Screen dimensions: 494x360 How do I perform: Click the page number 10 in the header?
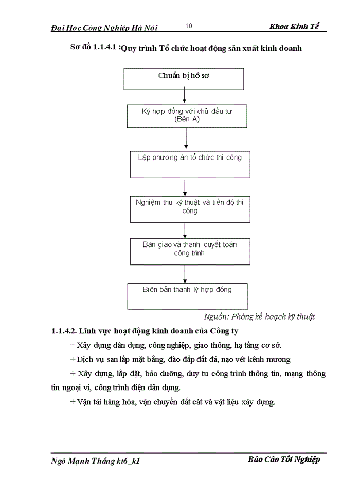pyautogui.click(x=188, y=26)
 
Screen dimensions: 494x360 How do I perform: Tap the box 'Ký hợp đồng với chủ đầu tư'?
pyautogui.click(x=187, y=115)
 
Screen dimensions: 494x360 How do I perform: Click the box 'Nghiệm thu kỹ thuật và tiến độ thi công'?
pyautogui.click(x=189, y=207)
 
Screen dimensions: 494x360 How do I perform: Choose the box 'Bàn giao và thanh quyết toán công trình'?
pyautogui.click(x=189, y=250)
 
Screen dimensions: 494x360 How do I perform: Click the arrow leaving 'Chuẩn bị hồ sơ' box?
pyautogui.click(x=184, y=97)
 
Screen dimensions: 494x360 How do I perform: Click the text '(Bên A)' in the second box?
pyautogui.click(x=187, y=119)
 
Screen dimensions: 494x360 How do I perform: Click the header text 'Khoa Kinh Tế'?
pyautogui.click(x=297, y=27)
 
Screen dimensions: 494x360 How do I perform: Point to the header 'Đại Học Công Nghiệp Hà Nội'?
pyautogui.click(x=104, y=28)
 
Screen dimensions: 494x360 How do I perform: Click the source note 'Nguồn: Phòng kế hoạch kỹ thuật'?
pyautogui.click(x=259, y=316)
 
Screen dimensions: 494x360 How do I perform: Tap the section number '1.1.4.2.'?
pyautogui.click(x=64, y=331)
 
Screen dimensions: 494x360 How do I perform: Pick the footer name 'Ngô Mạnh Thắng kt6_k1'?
pyautogui.click(x=96, y=461)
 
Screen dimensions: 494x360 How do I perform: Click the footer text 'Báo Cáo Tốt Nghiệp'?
pyautogui.click(x=283, y=460)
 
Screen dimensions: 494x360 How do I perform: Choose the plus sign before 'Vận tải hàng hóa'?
pyautogui.click(x=72, y=402)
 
